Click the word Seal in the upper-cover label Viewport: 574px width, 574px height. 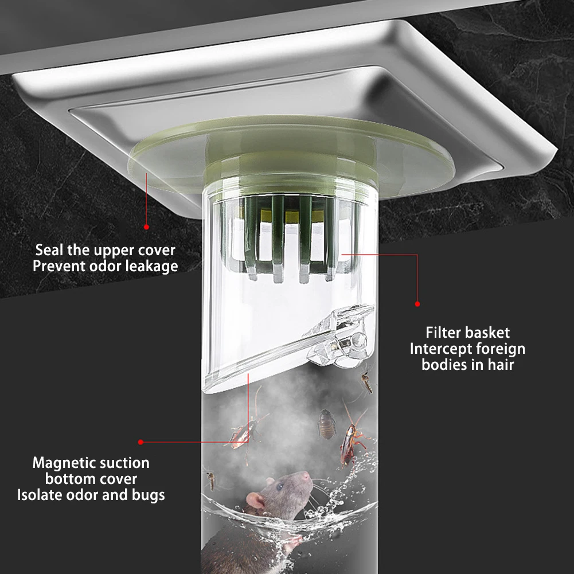point(49,250)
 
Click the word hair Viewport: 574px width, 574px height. point(501,365)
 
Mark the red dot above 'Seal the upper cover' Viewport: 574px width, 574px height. point(146,227)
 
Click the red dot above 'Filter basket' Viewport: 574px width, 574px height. point(417,304)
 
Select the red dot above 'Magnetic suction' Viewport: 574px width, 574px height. point(140,442)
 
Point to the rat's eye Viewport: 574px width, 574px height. point(280,486)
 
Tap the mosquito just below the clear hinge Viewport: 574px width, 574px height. point(366,381)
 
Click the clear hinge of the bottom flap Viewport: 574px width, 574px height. point(341,336)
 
